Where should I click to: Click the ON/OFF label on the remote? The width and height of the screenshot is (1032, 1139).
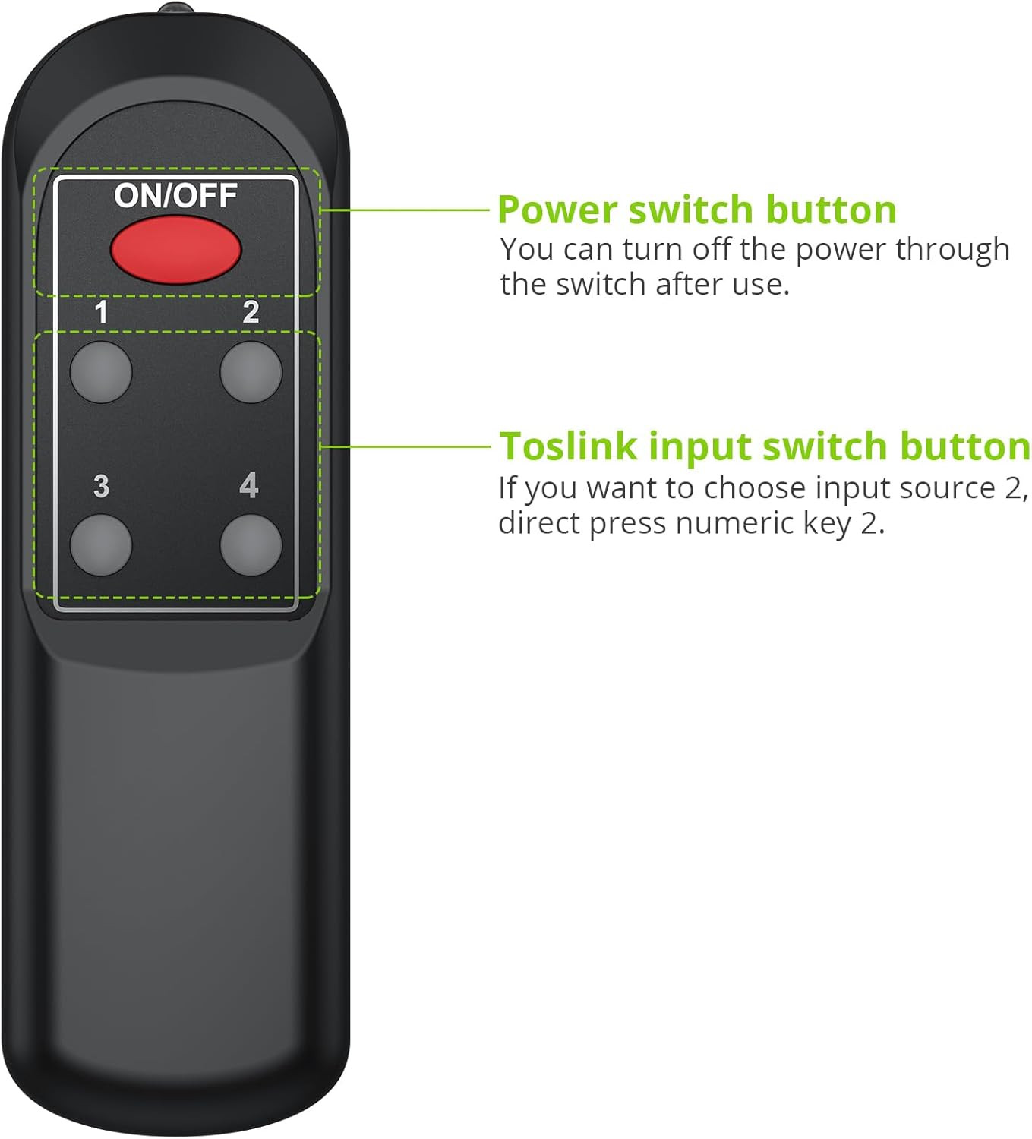click(175, 196)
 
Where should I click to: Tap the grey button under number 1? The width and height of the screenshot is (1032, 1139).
click(101, 372)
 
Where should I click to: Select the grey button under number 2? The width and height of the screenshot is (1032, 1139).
click(251, 372)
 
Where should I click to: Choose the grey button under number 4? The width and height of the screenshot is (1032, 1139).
click(251, 544)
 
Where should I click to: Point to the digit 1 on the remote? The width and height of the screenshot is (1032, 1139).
click(101, 312)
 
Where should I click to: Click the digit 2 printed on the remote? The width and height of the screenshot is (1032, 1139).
click(251, 312)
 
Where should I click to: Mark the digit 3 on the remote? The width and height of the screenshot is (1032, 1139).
click(101, 486)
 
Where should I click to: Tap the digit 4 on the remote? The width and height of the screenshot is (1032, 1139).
click(249, 485)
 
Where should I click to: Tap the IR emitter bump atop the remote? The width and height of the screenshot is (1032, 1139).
click(175, 9)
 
